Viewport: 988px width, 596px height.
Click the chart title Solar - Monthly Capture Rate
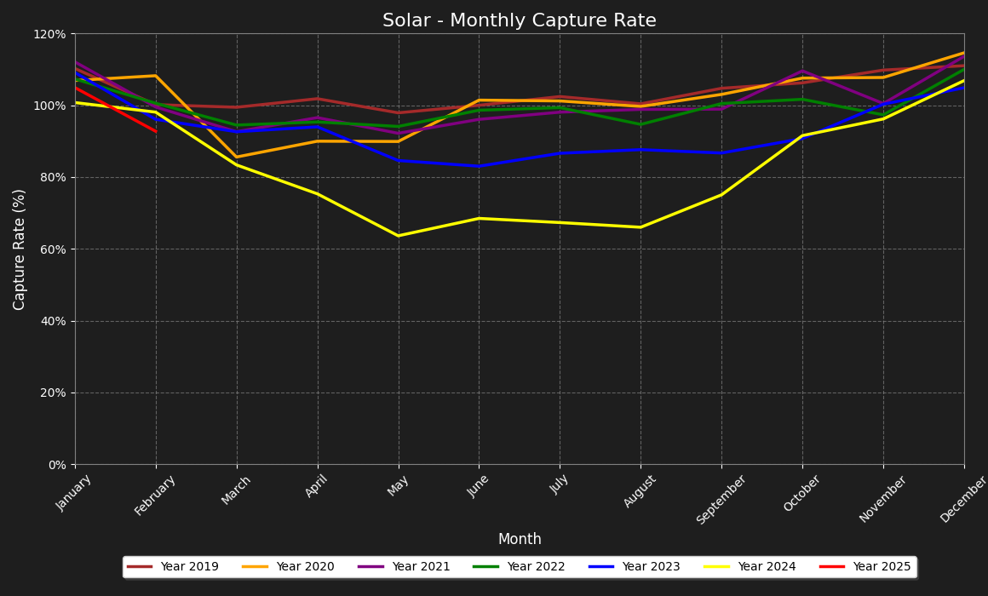tap(519, 20)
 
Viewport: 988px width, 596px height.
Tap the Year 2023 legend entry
tap(651, 567)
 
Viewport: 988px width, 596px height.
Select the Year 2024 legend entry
tap(767, 567)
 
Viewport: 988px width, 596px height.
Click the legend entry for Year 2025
tap(882, 567)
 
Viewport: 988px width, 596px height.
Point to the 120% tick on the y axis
tap(49, 34)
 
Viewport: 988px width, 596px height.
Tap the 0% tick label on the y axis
tap(57, 465)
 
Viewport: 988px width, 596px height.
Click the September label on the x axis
tap(721, 500)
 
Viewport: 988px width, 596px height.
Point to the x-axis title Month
tap(519, 540)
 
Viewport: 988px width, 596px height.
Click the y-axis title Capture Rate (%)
tap(20, 249)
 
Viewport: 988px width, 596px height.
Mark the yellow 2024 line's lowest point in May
tap(398, 236)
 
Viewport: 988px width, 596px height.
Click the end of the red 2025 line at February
tap(156, 131)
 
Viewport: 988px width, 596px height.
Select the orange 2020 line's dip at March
tap(237, 157)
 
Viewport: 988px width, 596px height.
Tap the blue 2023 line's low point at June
tap(479, 166)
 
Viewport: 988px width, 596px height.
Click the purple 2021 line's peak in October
tap(802, 71)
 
